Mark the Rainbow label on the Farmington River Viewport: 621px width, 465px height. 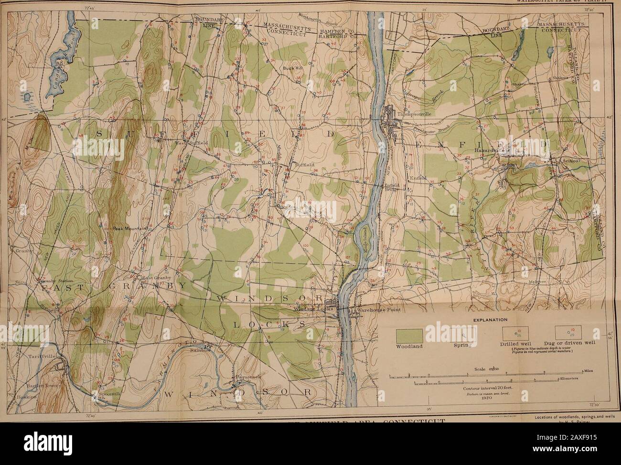click(203, 349)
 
